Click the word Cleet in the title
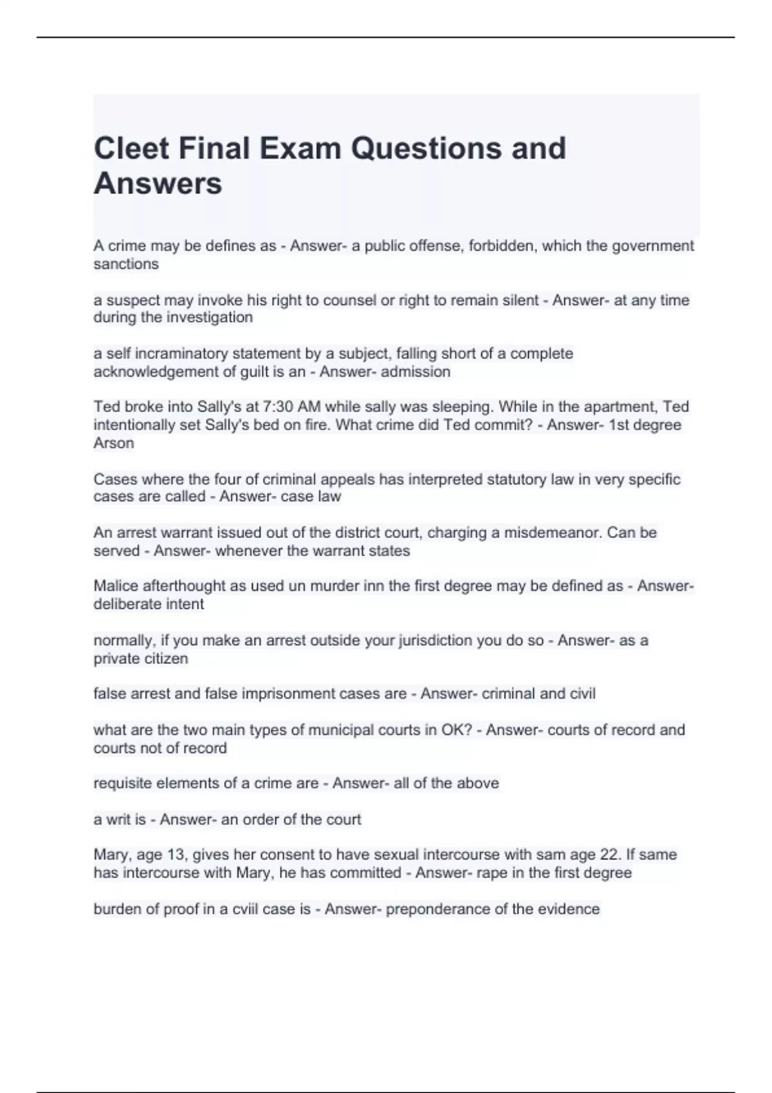[x=132, y=149]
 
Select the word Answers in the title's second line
[x=158, y=183]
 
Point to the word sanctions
[x=126, y=264]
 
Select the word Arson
[x=114, y=443]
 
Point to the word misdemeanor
[x=553, y=533]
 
